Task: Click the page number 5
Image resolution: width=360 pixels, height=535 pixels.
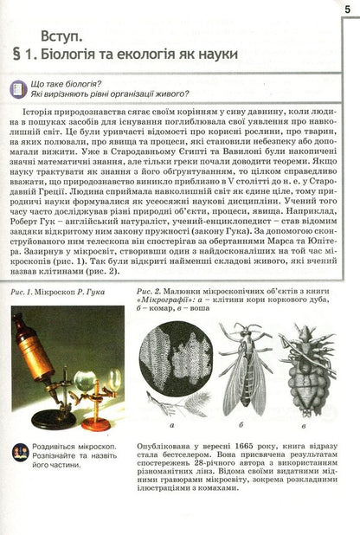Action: click(347, 8)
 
